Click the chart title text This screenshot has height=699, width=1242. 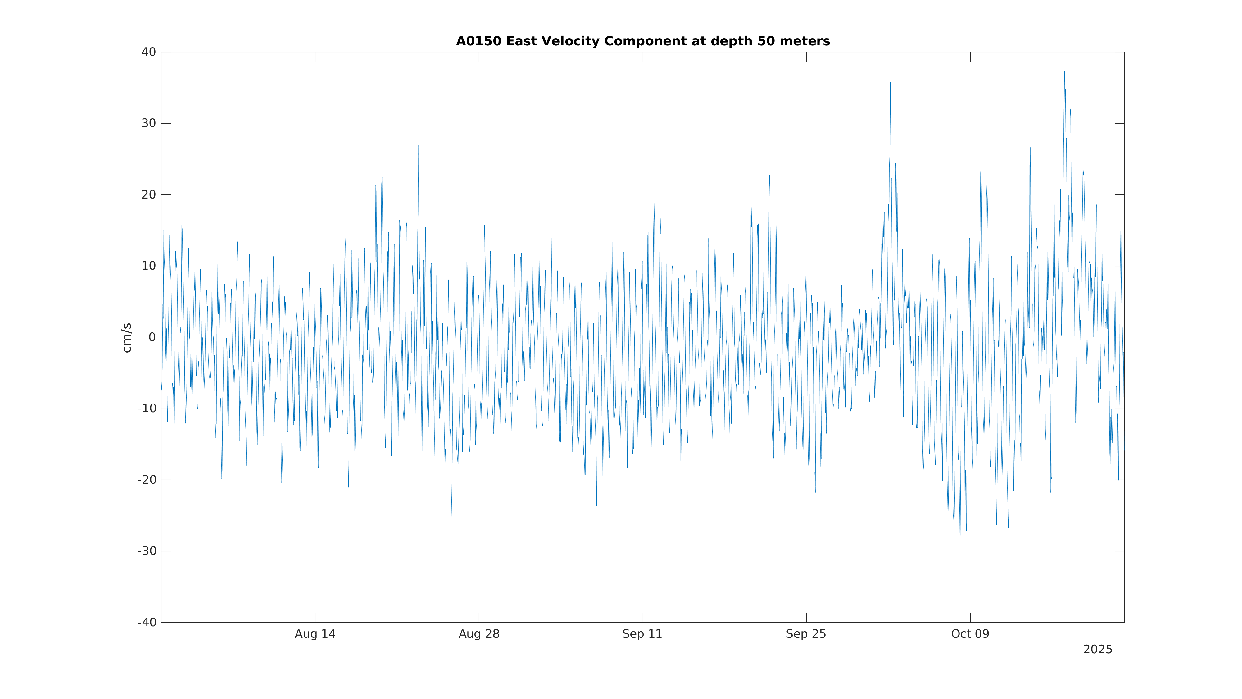(643, 42)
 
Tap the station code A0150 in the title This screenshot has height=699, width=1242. (479, 42)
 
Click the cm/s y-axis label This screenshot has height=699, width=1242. (127, 338)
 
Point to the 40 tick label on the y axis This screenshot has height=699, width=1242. (148, 52)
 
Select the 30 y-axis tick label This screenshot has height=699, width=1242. (148, 124)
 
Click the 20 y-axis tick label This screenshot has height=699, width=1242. (148, 195)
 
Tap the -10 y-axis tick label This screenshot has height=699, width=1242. (147, 409)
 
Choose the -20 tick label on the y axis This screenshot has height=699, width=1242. (147, 480)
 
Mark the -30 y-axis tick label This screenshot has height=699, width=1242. (147, 551)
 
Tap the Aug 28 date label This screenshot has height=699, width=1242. (479, 634)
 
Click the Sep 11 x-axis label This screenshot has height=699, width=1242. (642, 634)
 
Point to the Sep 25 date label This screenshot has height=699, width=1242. (806, 634)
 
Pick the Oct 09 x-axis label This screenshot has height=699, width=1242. (970, 634)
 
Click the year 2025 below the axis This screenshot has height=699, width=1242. (1097, 650)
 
